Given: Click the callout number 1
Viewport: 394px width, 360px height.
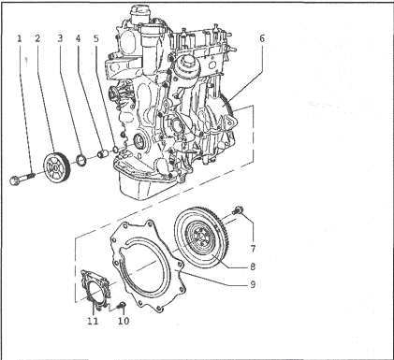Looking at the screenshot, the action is point(20,38).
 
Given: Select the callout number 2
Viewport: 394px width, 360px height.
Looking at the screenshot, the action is point(37,38).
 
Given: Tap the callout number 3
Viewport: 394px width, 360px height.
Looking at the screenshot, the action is point(60,38).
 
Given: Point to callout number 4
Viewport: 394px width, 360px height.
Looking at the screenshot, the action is point(78,38).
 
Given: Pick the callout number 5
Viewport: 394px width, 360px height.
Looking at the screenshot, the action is point(96,38).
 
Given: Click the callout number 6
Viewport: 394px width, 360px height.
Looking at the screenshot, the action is point(262,38).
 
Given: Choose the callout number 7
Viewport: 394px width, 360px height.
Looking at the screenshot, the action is point(253,249).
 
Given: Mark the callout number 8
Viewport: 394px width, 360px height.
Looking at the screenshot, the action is point(253,266).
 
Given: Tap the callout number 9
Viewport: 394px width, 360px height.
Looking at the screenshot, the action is point(253,284).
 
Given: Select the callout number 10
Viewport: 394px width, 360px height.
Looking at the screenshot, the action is point(124,321).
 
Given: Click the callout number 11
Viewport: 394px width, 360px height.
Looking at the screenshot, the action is point(93,321).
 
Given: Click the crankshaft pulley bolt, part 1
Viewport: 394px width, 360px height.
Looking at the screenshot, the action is point(22,180).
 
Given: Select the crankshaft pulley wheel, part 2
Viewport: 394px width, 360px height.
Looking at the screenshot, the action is point(56,168).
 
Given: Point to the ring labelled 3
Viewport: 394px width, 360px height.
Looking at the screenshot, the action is point(81,159).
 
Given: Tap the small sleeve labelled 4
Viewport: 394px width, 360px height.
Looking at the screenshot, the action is point(102,153).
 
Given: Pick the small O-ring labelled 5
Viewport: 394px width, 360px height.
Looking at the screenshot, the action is point(115,150).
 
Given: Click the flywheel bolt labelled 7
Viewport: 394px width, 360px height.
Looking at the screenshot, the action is point(238,210).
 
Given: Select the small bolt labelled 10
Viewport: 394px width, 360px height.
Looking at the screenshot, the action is point(121,306).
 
